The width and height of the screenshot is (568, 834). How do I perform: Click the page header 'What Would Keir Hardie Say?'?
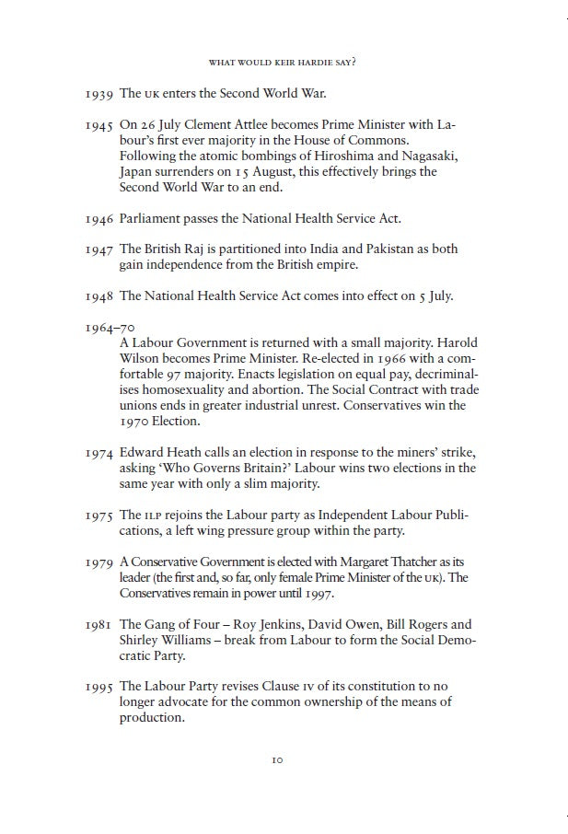(x=283, y=63)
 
